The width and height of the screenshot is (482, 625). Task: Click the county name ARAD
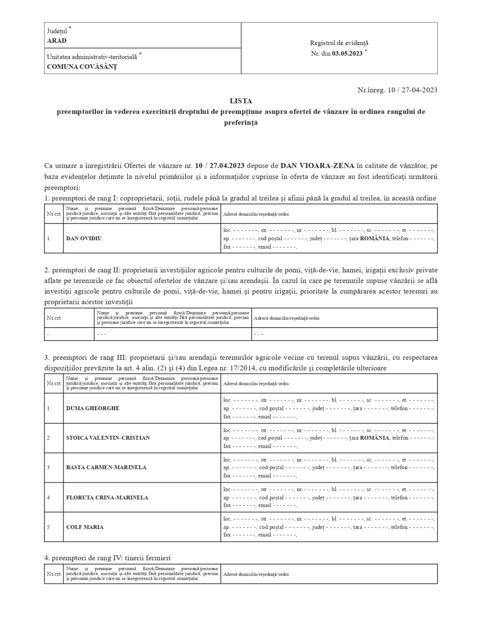point(57,41)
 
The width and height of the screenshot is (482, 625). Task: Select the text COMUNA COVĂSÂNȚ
point(82,67)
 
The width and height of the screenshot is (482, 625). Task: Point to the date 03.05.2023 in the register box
point(347,54)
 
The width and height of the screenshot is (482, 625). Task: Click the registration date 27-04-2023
point(419,90)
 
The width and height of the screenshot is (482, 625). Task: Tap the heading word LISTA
point(241,101)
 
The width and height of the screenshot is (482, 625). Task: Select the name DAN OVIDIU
point(84,238)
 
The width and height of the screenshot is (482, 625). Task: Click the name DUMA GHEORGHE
point(93,408)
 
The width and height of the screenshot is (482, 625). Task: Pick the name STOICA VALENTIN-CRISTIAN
point(108,438)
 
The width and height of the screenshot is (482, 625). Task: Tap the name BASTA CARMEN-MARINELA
point(106,467)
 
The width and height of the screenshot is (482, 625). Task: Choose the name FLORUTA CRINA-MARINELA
point(107,497)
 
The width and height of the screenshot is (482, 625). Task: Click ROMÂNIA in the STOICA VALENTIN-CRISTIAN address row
point(375,438)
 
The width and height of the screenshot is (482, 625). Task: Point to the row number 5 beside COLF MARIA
point(48,527)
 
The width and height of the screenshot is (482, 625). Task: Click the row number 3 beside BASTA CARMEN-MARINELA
point(48,467)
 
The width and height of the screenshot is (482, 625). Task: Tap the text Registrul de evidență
point(339,43)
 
